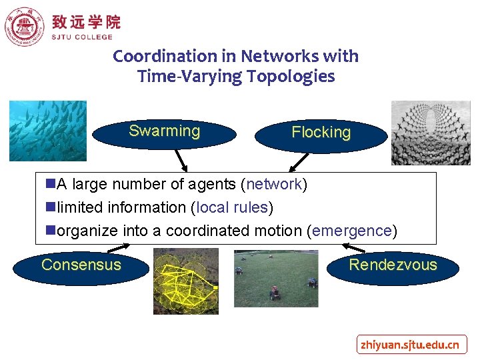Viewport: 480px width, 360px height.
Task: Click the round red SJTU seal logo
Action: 24,25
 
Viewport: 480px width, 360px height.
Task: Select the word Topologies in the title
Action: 291,77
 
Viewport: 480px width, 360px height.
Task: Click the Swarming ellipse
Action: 164,132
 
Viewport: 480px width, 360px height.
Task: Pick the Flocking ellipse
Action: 321,133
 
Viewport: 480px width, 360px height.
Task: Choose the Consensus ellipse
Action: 81,266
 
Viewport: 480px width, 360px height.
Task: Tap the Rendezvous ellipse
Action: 393,266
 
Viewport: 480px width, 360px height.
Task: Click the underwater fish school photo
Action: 48,131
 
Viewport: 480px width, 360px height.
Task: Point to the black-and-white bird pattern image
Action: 430,133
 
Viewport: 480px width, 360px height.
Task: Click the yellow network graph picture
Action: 185,281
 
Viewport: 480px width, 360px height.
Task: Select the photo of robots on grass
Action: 275,278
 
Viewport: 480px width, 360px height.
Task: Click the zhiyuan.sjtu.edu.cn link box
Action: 410,345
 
